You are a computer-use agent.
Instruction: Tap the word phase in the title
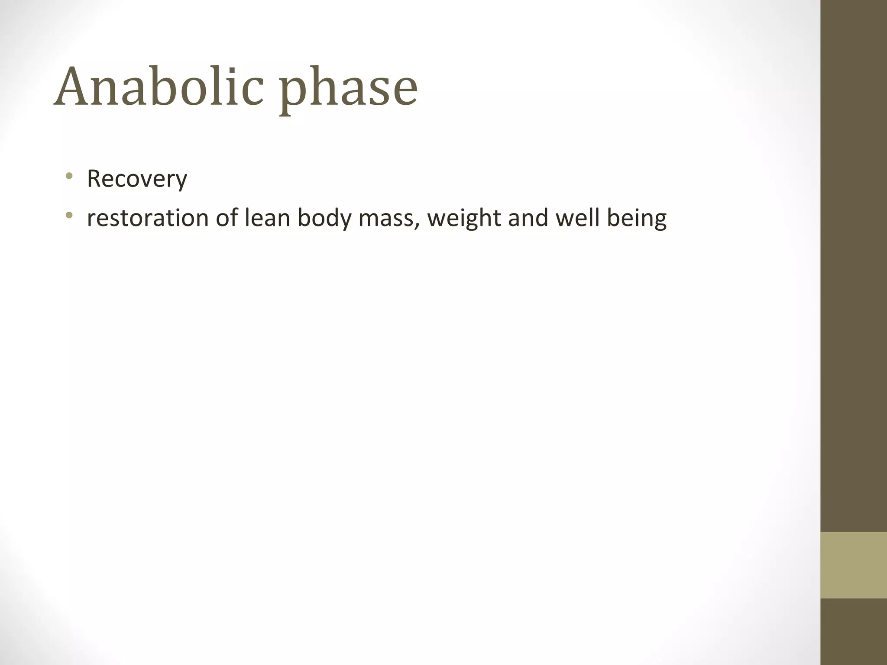click(348, 91)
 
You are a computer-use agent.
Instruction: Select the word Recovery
click(137, 178)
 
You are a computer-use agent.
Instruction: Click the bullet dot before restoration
click(68, 215)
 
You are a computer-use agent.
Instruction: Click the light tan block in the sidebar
click(854, 565)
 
